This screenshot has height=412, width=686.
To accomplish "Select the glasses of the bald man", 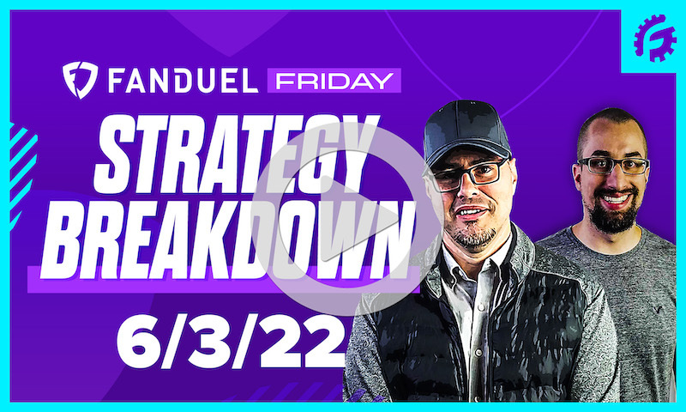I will pyautogui.click(x=613, y=164).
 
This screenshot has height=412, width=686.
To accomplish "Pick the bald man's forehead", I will pyautogui.click(x=611, y=137).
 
